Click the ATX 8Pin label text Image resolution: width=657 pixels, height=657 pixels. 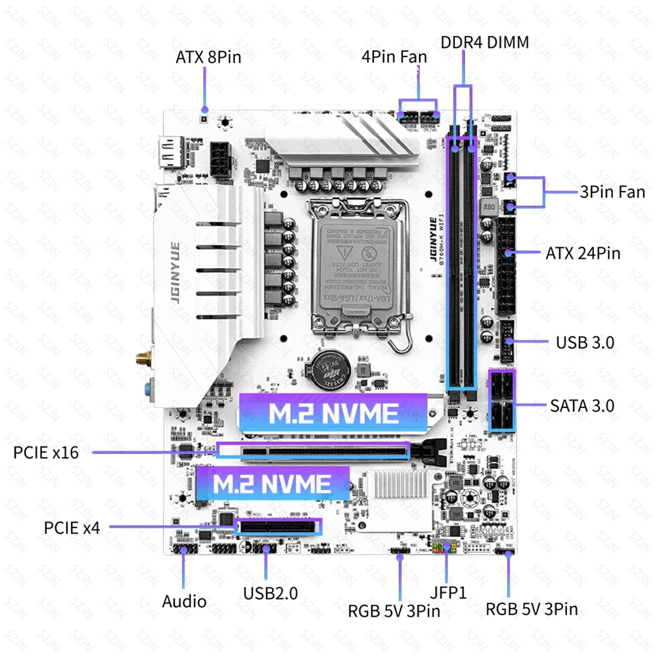[x=208, y=57]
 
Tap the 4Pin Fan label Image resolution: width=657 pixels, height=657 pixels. [x=394, y=57]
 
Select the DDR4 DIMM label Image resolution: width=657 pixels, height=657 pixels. [x=485, y=43]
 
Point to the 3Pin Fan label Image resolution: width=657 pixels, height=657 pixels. [x=612, y=193]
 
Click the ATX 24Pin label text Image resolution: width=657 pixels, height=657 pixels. [x=583, y=253]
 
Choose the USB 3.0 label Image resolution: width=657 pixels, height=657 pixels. [x=585, y=342]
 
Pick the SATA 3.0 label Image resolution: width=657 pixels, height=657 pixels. [x=582, y=405]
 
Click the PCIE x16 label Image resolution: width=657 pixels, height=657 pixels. [x=46, y=453]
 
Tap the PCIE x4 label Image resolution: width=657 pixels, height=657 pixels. [x=72, y=527]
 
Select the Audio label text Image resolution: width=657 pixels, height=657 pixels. [x=185, y=601]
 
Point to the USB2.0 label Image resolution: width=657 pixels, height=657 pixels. [x=270, y=593]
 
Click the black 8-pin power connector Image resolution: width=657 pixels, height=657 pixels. [x=221, y=159]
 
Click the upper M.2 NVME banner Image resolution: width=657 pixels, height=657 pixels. [x=334, y=413]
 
